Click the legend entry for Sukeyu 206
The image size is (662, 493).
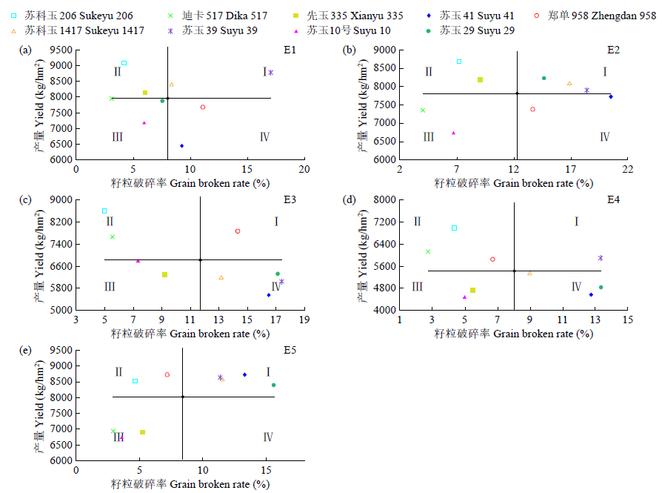point(67,16)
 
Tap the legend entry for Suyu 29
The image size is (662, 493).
point(475,30)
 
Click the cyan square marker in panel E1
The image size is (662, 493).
point(124,63)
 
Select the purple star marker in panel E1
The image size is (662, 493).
point(271,73)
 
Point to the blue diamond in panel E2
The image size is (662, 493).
point(611,96)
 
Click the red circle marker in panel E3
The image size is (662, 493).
point(238,231)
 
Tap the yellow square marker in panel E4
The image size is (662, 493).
point(472,290)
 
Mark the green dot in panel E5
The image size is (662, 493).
point(273,385)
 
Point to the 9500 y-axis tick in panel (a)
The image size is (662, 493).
point(62,50)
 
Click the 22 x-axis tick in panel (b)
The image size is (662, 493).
point(628,169)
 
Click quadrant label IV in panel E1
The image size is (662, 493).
point(264,137)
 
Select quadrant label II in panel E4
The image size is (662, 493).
point(417,221)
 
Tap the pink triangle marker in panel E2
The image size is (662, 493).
point(453,133)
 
